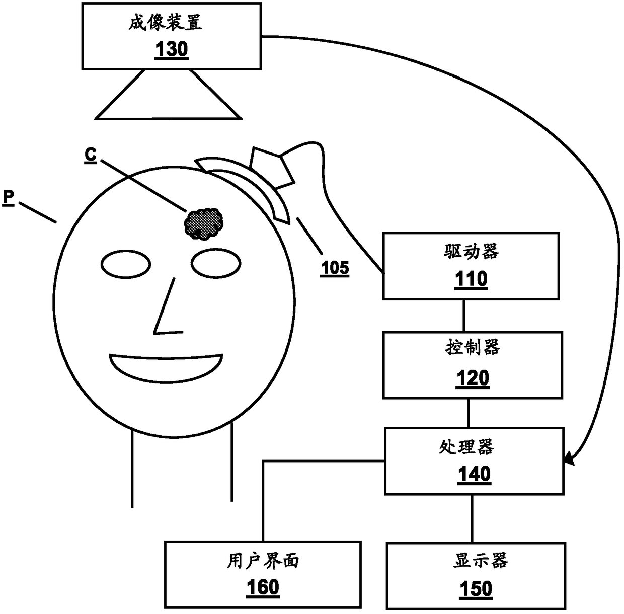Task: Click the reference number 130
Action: pyautogui.click(x=172, y=50)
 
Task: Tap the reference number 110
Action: pyautogui.click(x=471, y=278)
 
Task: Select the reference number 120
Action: pyautogui.click(x=473, y=378)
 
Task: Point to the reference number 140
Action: pyautogui.click(x=474, y=474)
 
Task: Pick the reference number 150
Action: pyautogui.click(x=476, y=588)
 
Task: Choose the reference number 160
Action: pyautogui.click(x=263, y=587)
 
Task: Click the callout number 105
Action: pyautogui.click(x=335, y=268)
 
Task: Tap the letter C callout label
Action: pyautogui.click(x=91, y=155)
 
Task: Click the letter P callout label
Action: pyautogui.click(x=8, y=197)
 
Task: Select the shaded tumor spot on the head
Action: pyautogui.click(x=204, y=223)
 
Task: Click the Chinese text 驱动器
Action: pyautogui.click(x=471, y=251)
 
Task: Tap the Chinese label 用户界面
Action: pyautogui.click(x=263, y=560)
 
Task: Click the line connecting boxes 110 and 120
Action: pyautogui.click(x=464, y=316)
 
